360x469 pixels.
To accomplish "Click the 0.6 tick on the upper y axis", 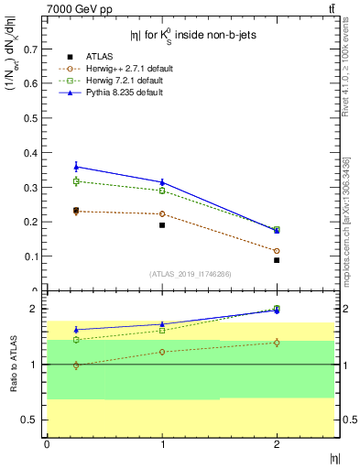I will pos(35,82).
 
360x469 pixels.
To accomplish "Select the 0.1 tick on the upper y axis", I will pos(35,256).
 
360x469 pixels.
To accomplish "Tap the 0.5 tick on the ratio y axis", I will pos(35,420).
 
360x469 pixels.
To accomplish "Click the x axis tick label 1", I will pos(162,445).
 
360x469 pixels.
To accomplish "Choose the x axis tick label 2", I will pos(277,445).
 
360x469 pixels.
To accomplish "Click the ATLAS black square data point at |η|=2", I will pos(277,260).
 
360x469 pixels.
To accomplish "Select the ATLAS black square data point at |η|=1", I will pos(162,224).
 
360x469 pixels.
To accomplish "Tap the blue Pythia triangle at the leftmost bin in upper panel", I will pos(76,167).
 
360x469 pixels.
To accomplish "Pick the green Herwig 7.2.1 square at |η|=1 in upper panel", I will pos(162,191).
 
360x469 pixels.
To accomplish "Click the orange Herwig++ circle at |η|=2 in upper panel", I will pos(277,251).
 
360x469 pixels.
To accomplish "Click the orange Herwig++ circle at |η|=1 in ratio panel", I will pos(162,352).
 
